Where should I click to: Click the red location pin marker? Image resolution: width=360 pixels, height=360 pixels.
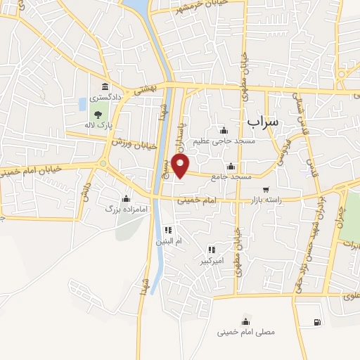181,166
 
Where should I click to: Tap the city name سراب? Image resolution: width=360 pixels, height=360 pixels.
264,121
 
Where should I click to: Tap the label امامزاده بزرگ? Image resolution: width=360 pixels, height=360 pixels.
119,210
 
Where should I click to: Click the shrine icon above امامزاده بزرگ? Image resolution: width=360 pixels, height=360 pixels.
126,198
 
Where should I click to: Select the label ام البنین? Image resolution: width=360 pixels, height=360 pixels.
168,241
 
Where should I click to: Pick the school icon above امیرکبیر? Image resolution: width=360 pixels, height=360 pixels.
211,250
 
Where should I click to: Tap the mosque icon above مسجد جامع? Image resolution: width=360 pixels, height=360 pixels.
231,166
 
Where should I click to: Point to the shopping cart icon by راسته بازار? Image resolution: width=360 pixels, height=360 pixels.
266,189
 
